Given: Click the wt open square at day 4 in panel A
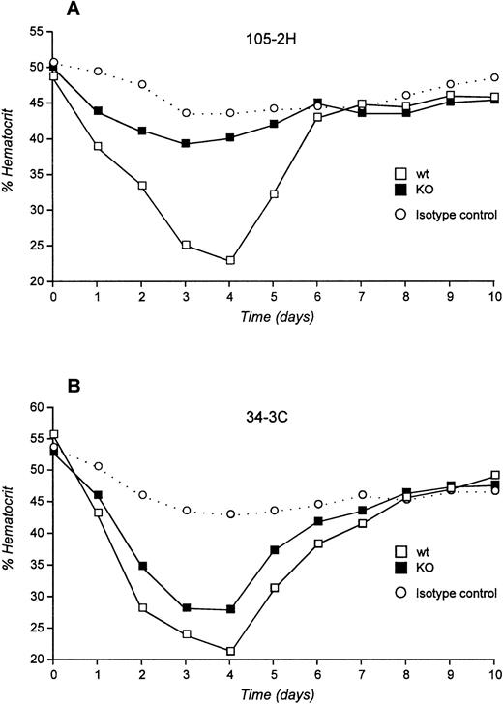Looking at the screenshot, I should pos(230,260).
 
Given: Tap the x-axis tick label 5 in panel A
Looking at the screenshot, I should pos(274,295).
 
